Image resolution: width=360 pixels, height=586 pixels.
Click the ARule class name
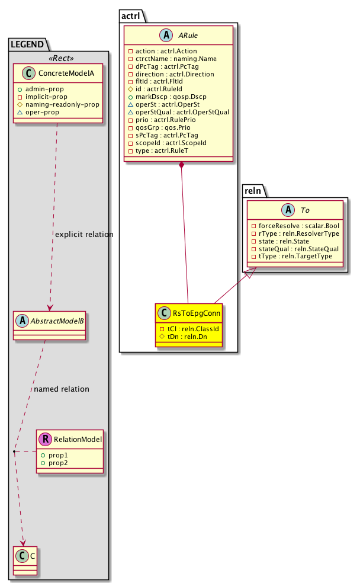pos(188,36)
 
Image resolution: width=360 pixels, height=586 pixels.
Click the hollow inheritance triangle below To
pos(250,274)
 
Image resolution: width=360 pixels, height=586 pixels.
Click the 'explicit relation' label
pos(83,234)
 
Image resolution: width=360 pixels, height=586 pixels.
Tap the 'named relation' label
pos(62,389)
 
